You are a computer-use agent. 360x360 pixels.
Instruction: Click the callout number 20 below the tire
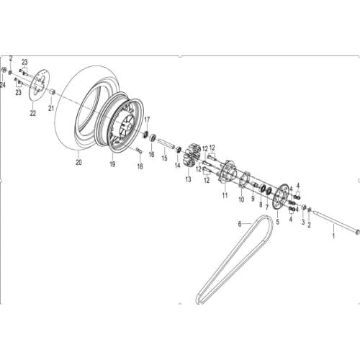78,162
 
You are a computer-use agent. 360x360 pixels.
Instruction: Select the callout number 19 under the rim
112,164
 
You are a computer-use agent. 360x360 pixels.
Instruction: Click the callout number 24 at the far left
3,85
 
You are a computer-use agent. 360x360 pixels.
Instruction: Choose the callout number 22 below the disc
32,114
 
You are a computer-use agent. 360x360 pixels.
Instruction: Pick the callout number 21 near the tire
51,109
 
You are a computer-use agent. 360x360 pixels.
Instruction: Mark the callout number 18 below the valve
140,166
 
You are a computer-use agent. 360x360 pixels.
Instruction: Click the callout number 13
188,179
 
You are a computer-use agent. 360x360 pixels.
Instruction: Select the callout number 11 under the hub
224,195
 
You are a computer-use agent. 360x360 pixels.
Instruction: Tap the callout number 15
163,158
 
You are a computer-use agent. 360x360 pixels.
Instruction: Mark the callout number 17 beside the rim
147,120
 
